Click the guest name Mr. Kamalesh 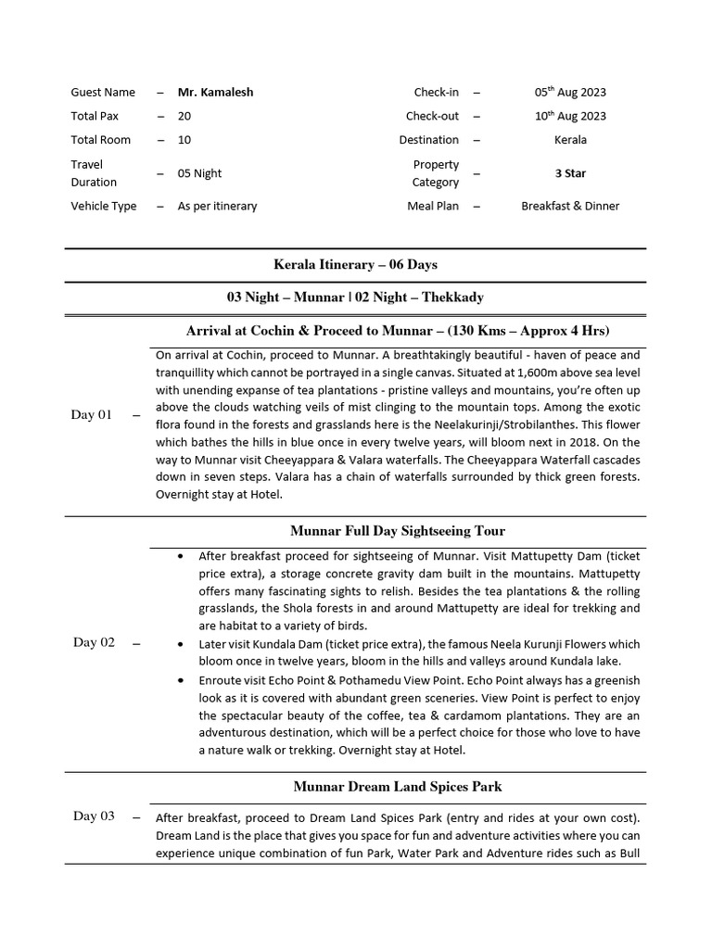[215, 92]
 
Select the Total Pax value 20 [184, 116]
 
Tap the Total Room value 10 [184, 140]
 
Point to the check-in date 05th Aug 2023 [570, 92]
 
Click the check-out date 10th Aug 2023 [570, 116]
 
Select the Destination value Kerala [570, 140]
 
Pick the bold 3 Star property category [570, 173]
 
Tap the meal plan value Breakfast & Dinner [570, 207]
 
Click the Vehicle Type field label [103, 207]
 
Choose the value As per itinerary [217, 207]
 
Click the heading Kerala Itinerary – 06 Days [355, 265]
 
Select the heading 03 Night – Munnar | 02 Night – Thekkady [355, 297]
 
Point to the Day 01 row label [91, 415]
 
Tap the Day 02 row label [94, 643]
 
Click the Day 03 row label [94, 816]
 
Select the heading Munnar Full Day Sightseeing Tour [398, 531]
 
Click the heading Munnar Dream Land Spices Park [398, 787]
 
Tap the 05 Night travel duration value [199, 173]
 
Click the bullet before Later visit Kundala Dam [179, 644]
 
